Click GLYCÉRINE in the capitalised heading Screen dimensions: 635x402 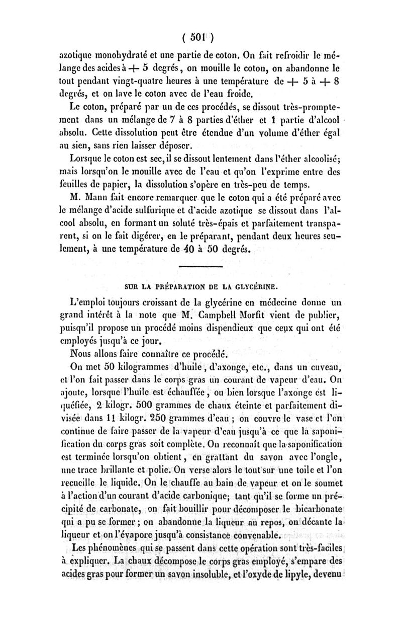[x=255, y=288]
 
